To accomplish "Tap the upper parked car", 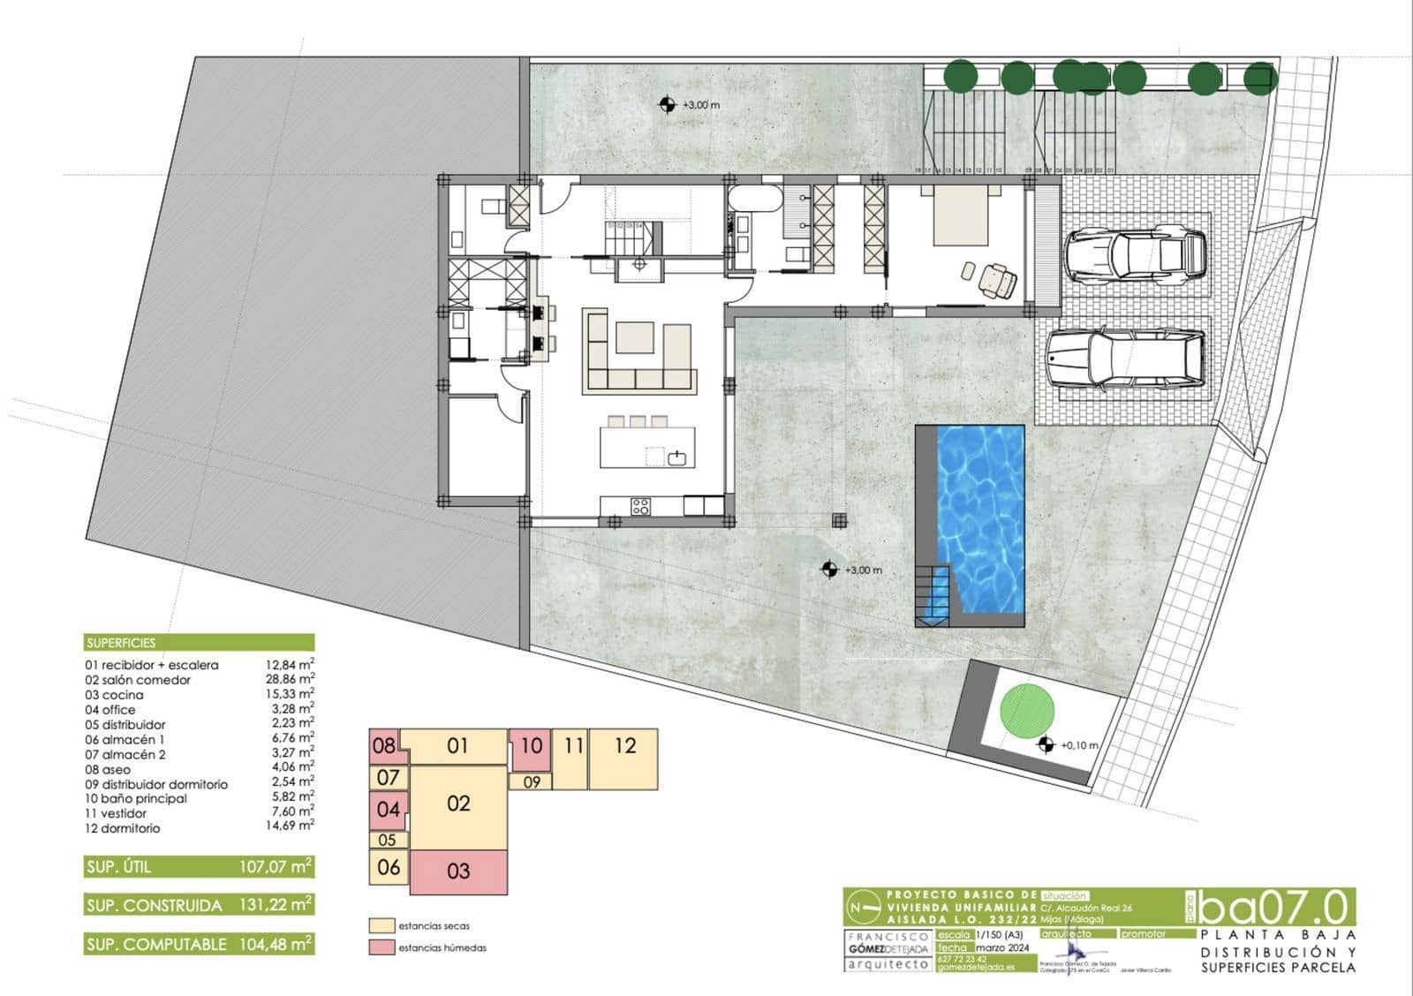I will click(1136, 256).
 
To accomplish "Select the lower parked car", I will click(1125, 359).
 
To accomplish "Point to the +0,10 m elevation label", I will click(1079, 745).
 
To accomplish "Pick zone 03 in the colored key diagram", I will click(459, 871).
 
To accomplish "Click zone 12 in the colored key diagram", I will click(624, 747).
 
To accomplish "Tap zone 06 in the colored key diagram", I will click(389, 867).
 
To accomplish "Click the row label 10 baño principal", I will click(136, 798).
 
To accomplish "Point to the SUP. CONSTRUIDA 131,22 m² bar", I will click(200, 905).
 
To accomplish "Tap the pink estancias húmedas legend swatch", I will click(381, 947).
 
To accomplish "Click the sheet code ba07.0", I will click(1277, 908).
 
